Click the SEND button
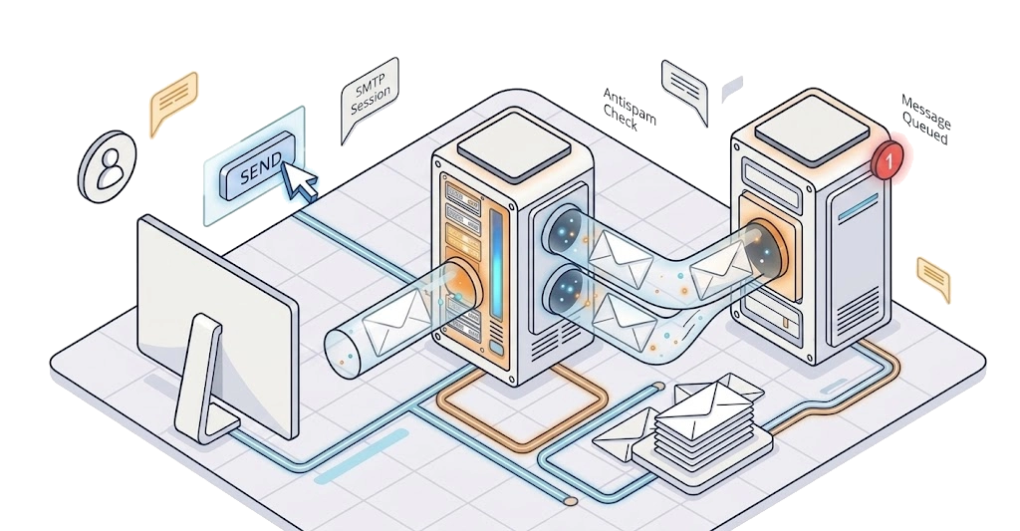(x=257, y=165)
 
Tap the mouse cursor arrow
(x=299, y=181)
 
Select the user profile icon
(x=108, y=166)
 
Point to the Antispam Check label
(x=628, y=109)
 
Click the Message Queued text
(x=924, y=120)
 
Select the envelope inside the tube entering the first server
(x=396, y=321)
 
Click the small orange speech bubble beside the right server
(x=933, y=278)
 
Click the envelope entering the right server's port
(x=720, y=269)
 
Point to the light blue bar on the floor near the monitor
(x=362, y=456)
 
